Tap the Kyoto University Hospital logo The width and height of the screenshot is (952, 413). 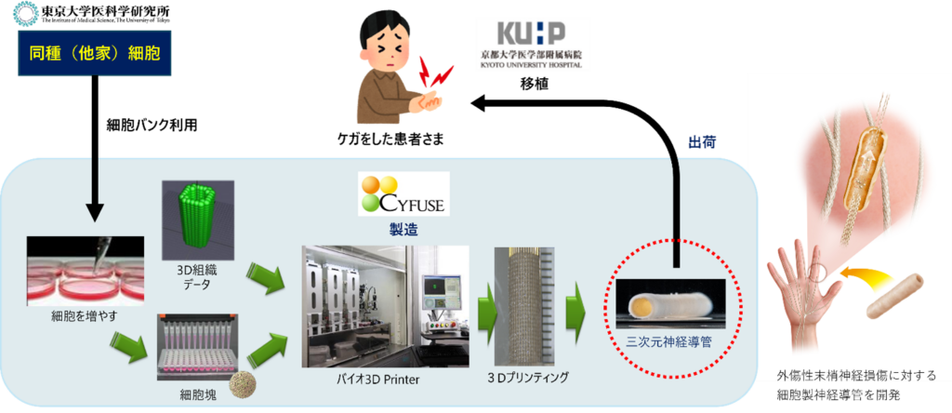pyautogui.click(x=532, y=43)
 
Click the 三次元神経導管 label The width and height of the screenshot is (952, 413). pyautogui.click(x=671, y=340)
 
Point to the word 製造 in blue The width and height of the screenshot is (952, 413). pyautogui.click(x=402, y=228)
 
